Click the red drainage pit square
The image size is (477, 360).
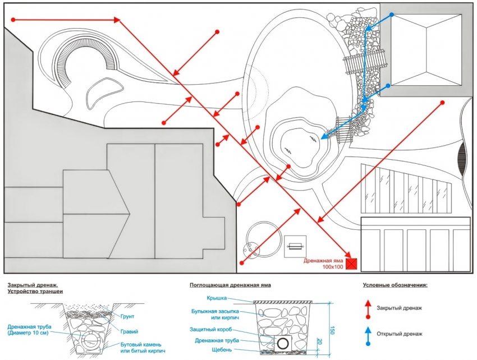pos(352,262)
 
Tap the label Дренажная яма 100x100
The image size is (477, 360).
pos(323,264)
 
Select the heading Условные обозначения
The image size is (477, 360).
pos(395,285)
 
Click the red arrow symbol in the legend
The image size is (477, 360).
pos(368,307)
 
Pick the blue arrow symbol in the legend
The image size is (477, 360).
pos(368,336)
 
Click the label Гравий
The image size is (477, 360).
pos(130,331)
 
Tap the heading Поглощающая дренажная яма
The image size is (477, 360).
pos(230,285)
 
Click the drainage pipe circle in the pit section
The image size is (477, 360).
pos(283,343)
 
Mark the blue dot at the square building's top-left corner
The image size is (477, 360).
pos(392,15)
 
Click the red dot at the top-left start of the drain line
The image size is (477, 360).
pos(13,20)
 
